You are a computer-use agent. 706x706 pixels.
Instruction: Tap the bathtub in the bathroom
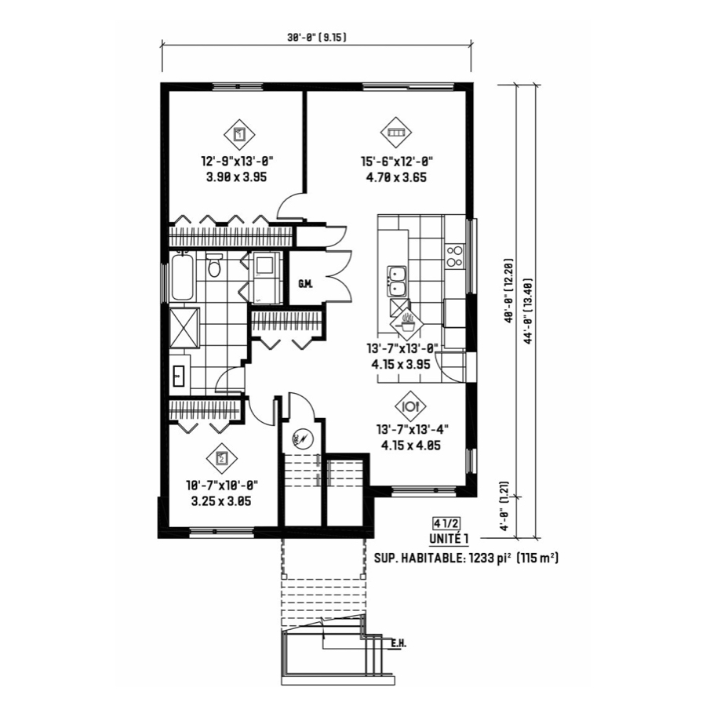(182, 277)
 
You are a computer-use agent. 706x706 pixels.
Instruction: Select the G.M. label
(305, 284)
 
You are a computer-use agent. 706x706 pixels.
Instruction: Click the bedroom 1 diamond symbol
(239, 135)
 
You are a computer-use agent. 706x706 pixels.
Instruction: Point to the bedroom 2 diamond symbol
(221, 458)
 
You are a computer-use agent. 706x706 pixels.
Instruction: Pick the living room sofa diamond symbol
(397, 133)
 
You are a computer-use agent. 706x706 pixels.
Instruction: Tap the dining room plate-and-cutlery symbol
(410, 406)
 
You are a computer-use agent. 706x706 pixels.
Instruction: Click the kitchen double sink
(398, 282)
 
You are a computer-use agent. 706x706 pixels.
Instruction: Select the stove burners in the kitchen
(454, 256)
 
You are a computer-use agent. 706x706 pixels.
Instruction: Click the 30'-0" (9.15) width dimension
(317, 38)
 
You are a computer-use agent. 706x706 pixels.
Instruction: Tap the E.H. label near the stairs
(398, 644)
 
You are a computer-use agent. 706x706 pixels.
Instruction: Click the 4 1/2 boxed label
(446, 524)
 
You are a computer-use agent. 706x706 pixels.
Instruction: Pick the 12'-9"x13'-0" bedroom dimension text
(237, 161)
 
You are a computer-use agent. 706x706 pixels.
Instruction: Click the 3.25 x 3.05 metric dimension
(221, 501)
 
